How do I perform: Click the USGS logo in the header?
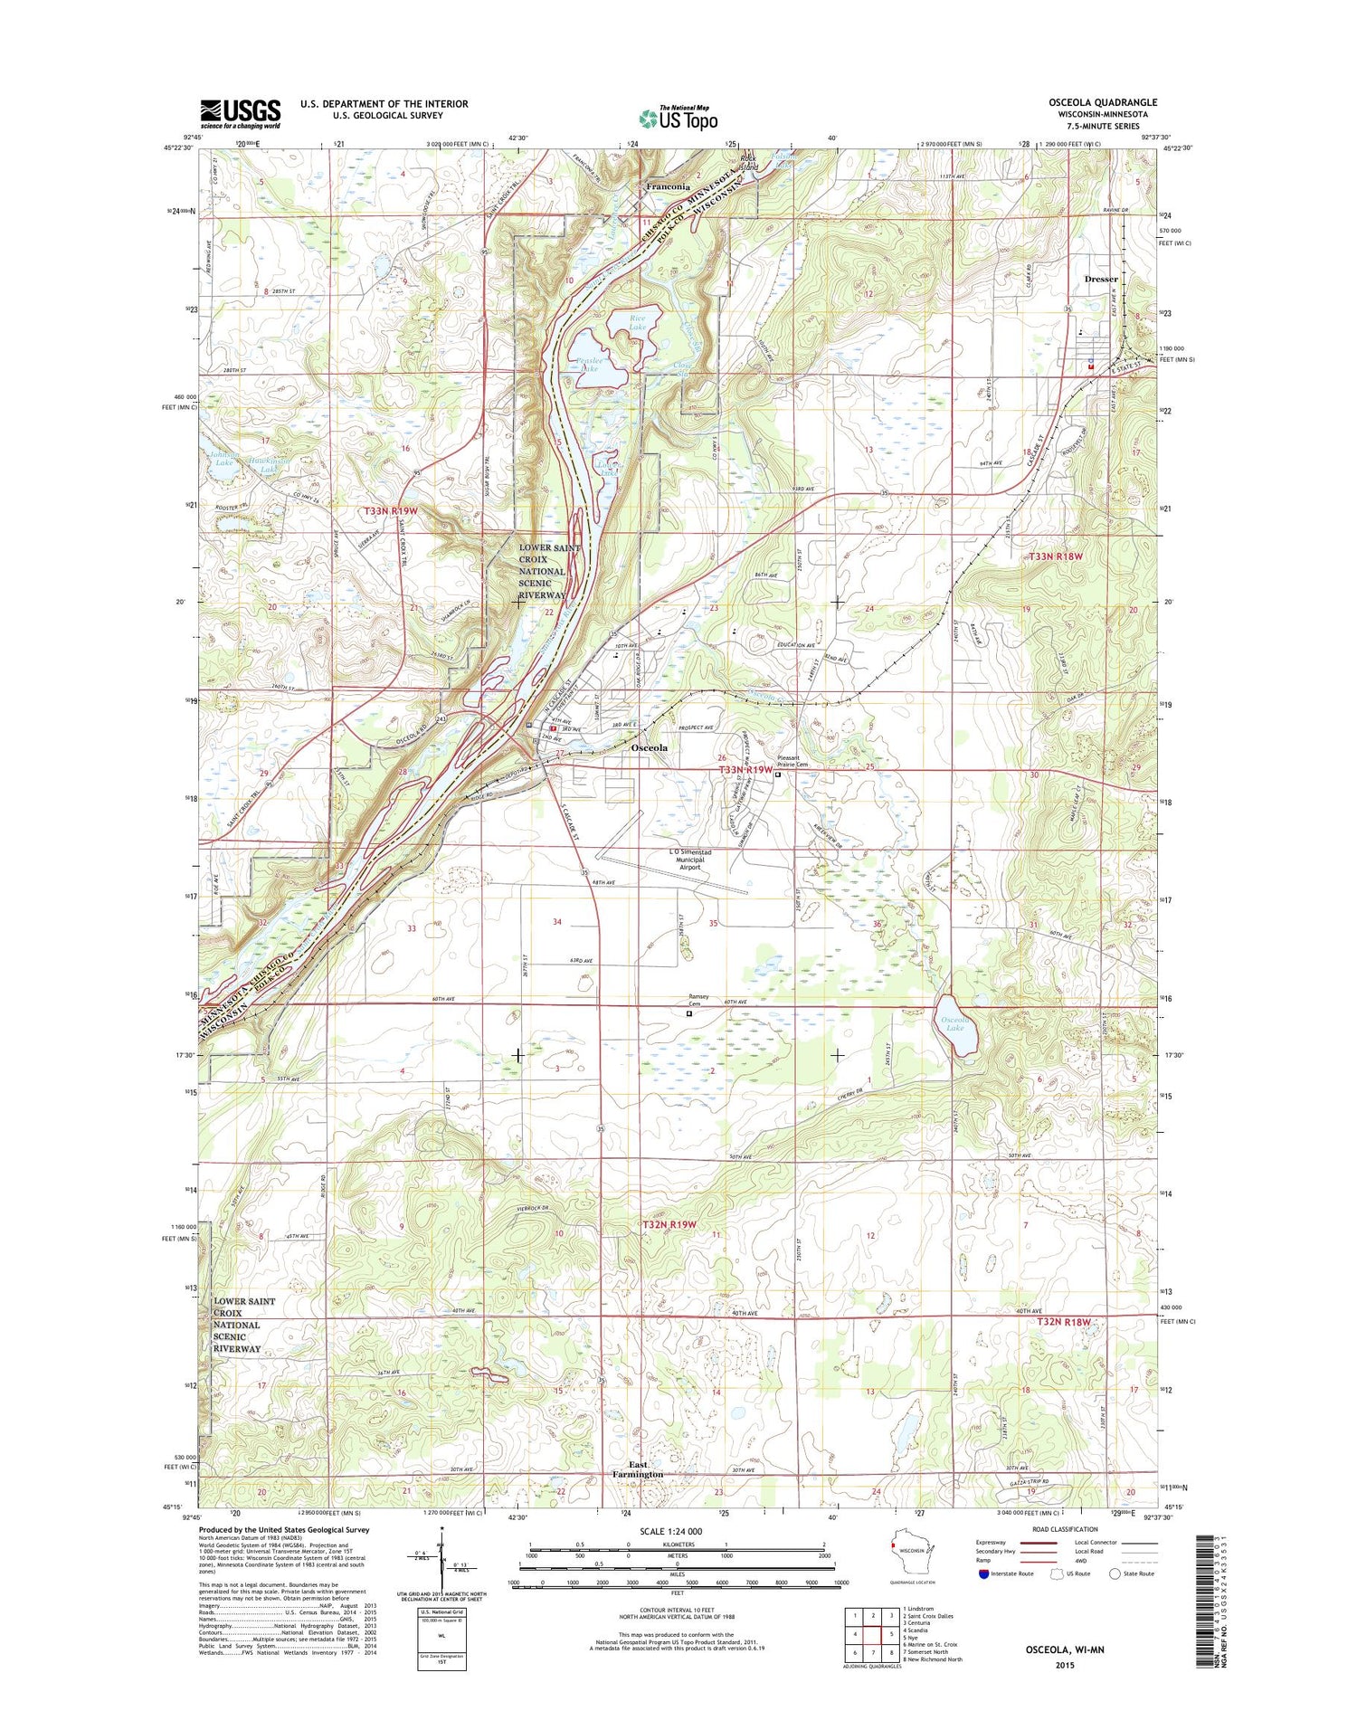tap(240, 114)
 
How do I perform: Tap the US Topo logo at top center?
tap(678, 118)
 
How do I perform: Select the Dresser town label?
tap(1101, 279)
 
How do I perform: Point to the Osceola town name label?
tap(649, 748)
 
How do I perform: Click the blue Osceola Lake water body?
tap(954, 1027)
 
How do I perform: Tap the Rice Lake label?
tap(637, 321)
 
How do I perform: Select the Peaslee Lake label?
tap(589, 365)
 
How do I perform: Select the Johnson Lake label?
tap(223, 458)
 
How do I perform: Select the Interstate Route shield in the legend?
tap(983, 1573)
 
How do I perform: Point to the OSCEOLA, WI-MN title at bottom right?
tap(1065, 1649)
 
